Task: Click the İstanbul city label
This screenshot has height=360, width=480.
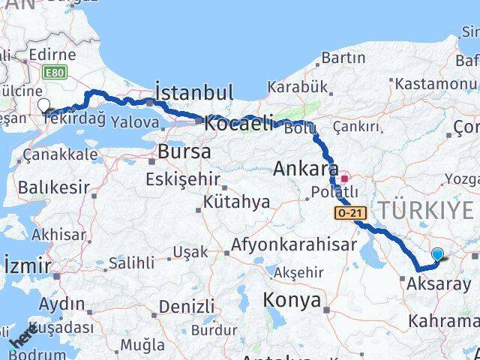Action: pyautogui.click(x=193, y=92)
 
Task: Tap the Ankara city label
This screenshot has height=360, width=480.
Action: pyautogui.click(x=305, y=169)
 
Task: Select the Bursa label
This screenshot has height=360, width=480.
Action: pyautogui.click(x=184, y=152)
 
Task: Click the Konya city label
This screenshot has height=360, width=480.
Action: pyautogui.click(x=292, y=300)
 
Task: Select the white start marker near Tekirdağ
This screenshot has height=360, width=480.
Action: pyautogui.click(x=43, y=106)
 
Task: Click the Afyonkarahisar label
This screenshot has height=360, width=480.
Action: pyautogui.click(x=293, y=244)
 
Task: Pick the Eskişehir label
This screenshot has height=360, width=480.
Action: pyautogui.click(x=183, y=179)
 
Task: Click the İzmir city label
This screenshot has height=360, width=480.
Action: pyautogui.click(x=27, y=265)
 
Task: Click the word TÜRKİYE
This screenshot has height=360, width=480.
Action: pyautogui.click(x=428, y=211)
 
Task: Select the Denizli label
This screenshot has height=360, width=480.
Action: pyautogui.click(x=187, y=306)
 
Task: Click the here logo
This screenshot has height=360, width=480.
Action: pyautogui.click(x=23, y=336)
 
